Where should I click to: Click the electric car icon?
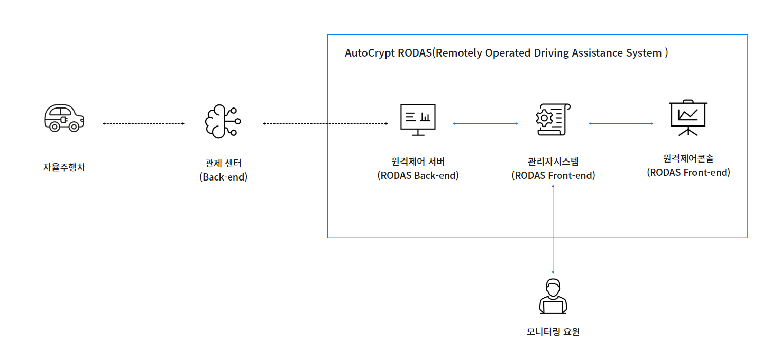click(x=64, y=118)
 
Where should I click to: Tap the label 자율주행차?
click(x=64, y=167)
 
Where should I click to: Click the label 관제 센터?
click(x=223, y=163)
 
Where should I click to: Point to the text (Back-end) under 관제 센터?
click(x=223, y=177)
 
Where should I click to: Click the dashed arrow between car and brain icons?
click(x=143, y=124)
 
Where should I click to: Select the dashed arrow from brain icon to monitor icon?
click(x=325, y=124)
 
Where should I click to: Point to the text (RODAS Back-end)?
click(x=418, y=175)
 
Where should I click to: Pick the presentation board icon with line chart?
click(x=688, y=118)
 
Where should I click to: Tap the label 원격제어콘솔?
click(x=688, y=159)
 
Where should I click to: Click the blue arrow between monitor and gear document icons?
click(x=485, y=124)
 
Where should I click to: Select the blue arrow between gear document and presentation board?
click(x=620, y=124)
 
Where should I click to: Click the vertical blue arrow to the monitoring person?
click(x=553, y=229)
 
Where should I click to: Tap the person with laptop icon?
click(x=553, y=297)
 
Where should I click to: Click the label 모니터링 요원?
click(x=553, y=332)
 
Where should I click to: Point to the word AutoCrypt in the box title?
click(x=370, y=53)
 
